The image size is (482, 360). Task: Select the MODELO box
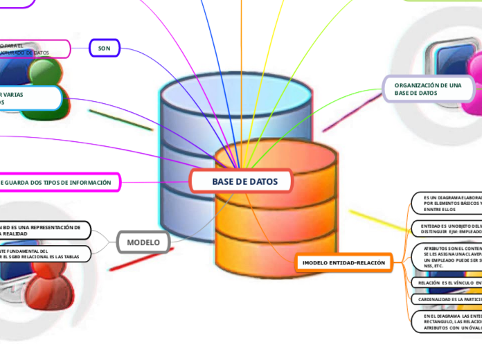tap(143, 242)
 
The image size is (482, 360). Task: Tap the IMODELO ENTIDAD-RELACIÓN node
tap(343, 263)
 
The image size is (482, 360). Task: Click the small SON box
tap(105, 48)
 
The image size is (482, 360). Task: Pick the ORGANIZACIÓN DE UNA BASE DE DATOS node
tap(428, 89)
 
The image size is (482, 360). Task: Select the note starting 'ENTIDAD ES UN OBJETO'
tap(447, 228)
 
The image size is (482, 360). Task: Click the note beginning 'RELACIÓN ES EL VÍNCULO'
tap(447, 282)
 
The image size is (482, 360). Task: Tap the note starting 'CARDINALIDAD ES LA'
tap(447, 299)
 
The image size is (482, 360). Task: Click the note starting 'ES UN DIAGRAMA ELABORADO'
tap(447, 203)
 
